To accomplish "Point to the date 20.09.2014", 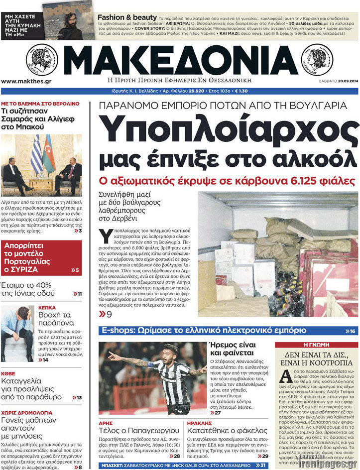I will click(x=344, y=81).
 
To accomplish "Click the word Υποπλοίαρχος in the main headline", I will click(x=230, y=130).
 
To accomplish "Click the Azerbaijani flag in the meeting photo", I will click(x=49, y=154).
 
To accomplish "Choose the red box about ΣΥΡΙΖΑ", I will click(x=42, y=257).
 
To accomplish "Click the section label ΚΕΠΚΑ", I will click(x=47, y=308).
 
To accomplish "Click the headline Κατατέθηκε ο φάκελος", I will click(x=227, y=430).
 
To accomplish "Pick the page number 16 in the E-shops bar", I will click(x=353, y=331).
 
